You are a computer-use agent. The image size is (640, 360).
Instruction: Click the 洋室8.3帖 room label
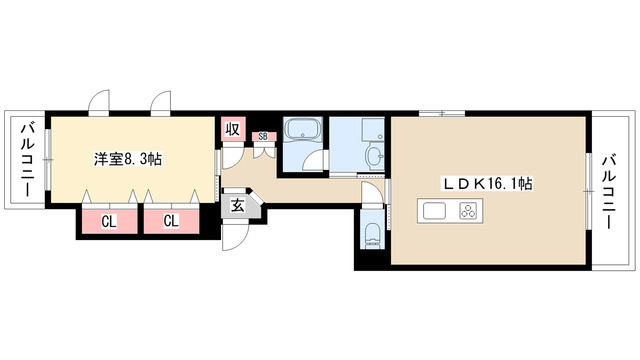coord(128,159)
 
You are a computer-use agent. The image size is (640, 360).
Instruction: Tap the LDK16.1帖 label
coord(488,184)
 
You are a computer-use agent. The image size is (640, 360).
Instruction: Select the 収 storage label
coord(233,129)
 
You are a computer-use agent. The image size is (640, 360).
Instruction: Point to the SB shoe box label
coord(263,137)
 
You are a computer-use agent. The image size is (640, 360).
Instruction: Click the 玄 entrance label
coord(237,206)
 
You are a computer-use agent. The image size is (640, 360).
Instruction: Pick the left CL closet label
coord(109,222)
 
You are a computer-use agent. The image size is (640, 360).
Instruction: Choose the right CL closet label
coord(171,221)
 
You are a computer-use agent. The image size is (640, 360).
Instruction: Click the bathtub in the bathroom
coord(302,129)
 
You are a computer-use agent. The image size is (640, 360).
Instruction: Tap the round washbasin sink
coord(375,156)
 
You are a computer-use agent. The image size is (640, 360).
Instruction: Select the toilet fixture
coord(372,235)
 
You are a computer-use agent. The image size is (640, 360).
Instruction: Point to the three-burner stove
coord(468,211)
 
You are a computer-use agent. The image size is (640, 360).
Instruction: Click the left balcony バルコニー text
coord(28,160)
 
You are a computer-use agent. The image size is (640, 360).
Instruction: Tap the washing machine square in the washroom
coord(373,130)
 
